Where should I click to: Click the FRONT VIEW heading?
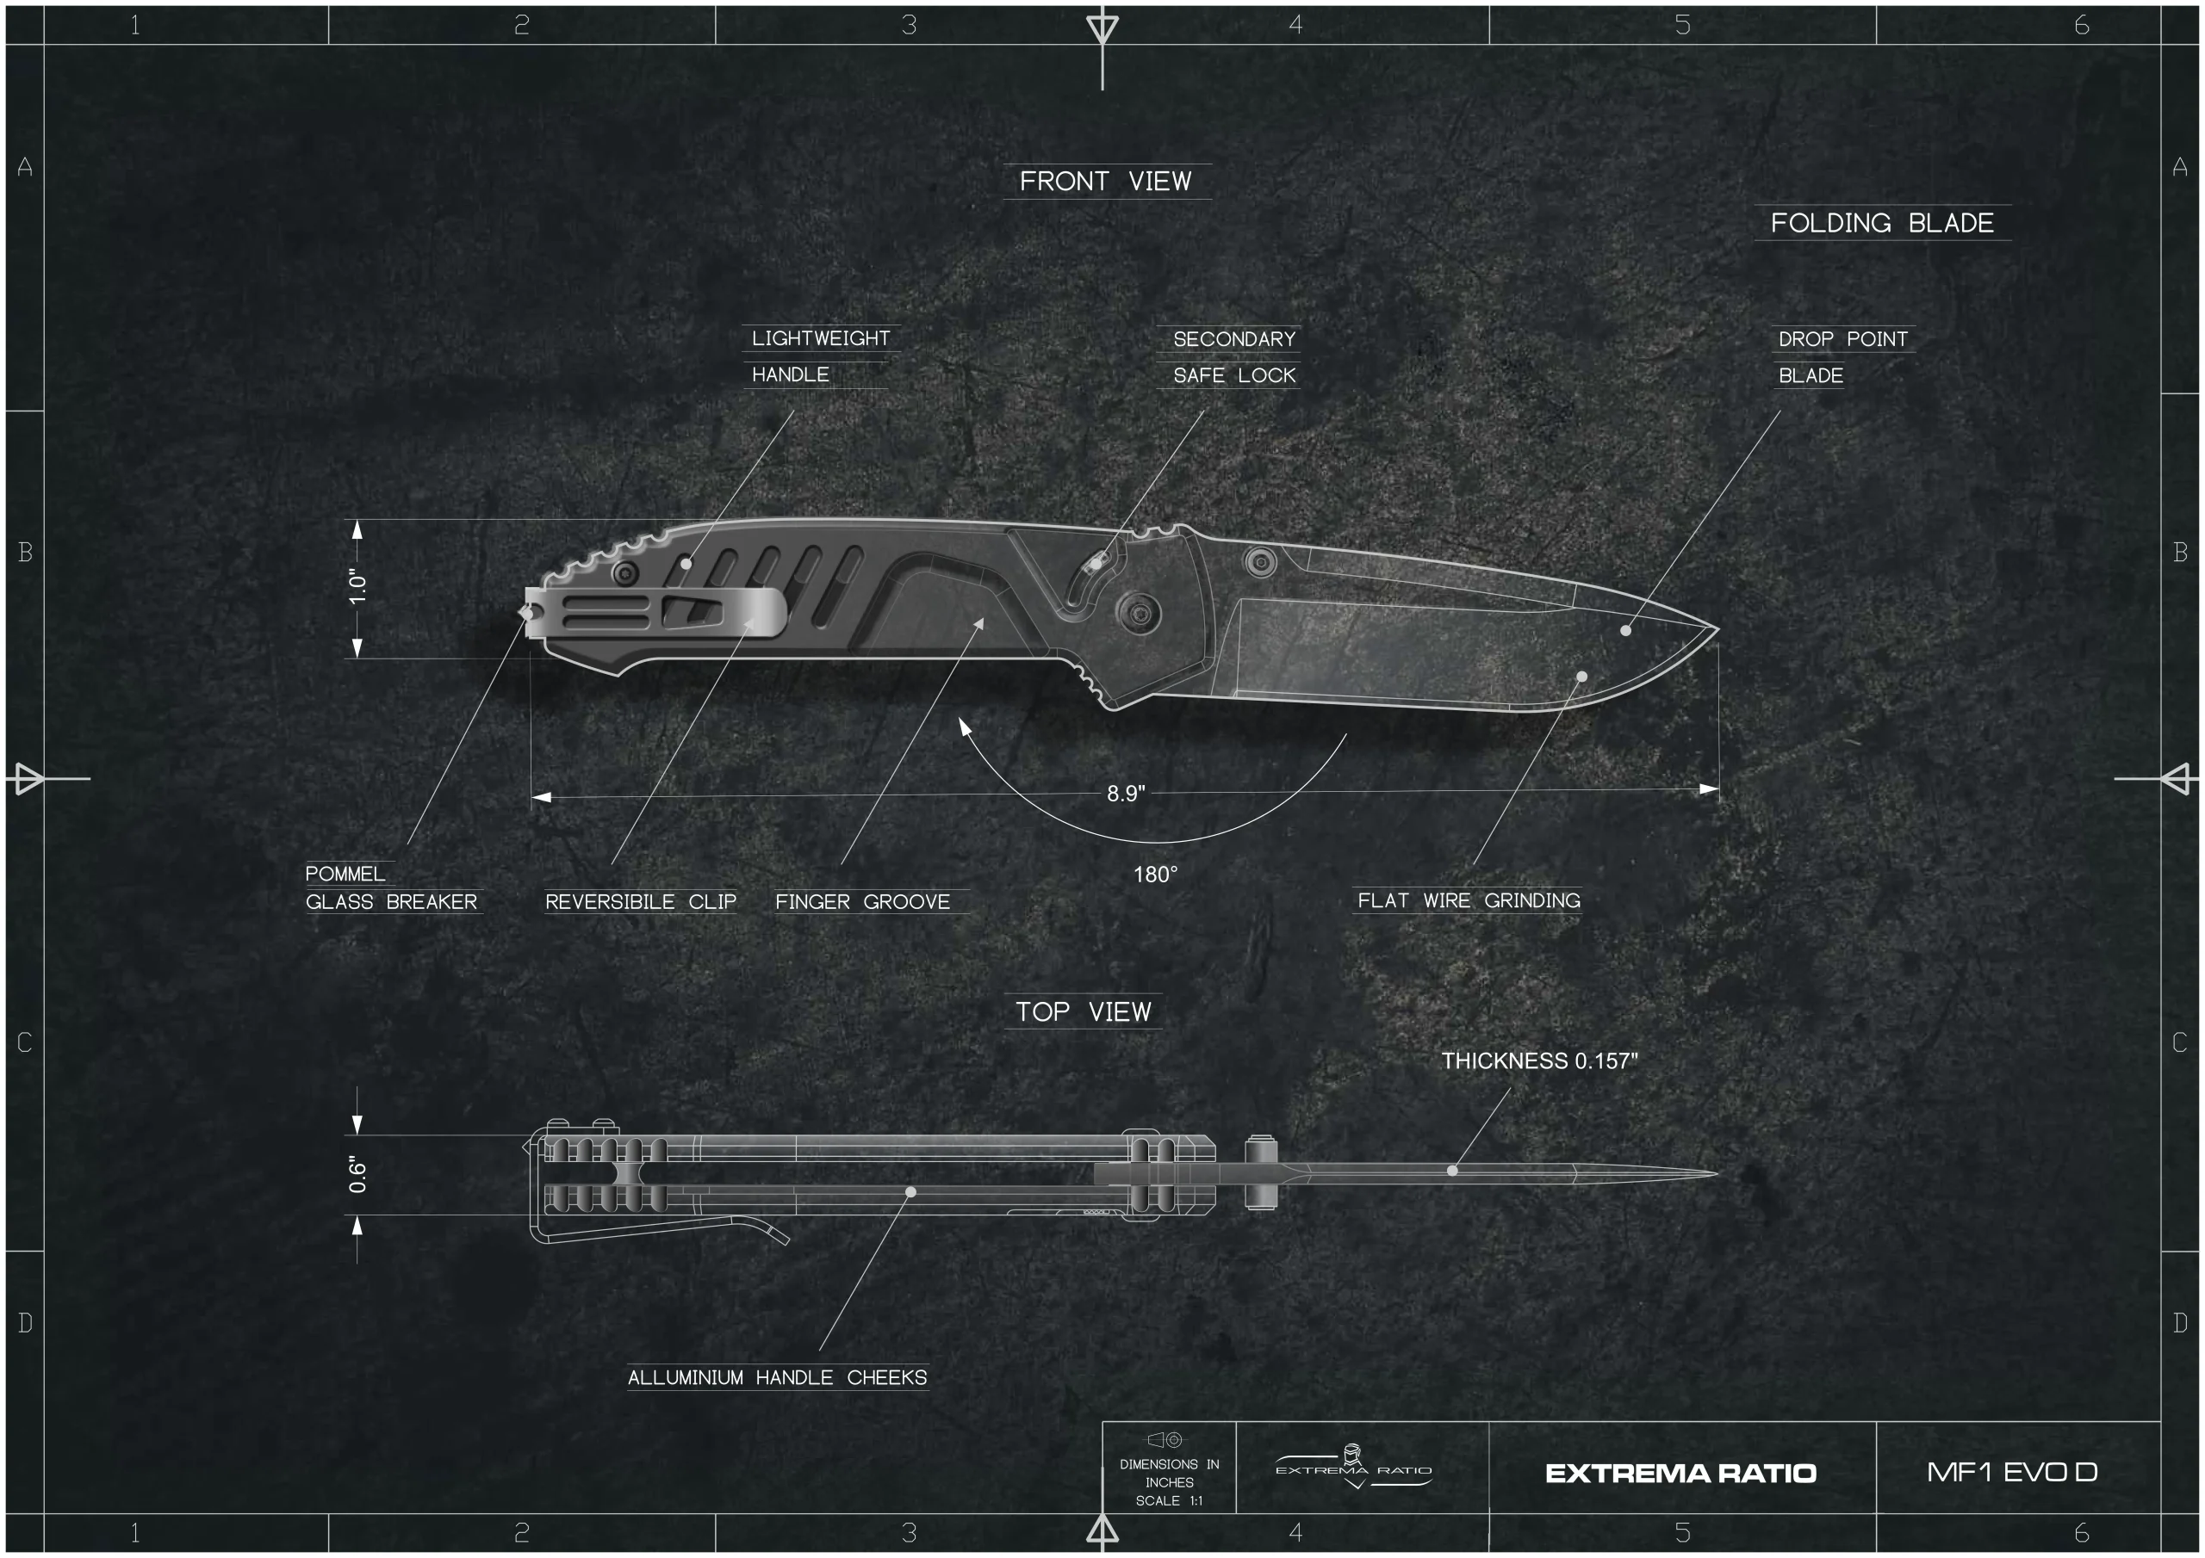[x=1105, y=182]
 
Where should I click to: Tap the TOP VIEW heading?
[x=1084, y=1011]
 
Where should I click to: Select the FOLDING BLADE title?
[x=1882, y=223]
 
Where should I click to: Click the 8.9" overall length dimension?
[x=1126, y=794]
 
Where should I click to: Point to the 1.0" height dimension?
[x=357, y=588]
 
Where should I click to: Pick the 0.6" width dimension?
[x=357, y=1175]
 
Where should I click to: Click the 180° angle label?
[x=1155, y=875]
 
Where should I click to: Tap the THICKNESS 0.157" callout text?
[x=1539, y=1060]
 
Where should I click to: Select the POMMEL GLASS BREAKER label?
[x=391, y=888]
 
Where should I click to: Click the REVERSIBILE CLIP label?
[x=641, y=902]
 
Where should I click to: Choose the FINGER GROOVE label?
[x=862, y=902]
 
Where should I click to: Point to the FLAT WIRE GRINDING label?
[x=1469, y=900]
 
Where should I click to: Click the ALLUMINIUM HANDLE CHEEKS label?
[x=777, y=1377]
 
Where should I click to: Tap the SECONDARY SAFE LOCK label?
[x=1234, y=357]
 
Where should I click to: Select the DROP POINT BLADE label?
[x=1843, y=357]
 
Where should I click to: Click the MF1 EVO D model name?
[x=2012, y=1472]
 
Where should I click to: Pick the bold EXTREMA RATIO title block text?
[x=1680, y=1474]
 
